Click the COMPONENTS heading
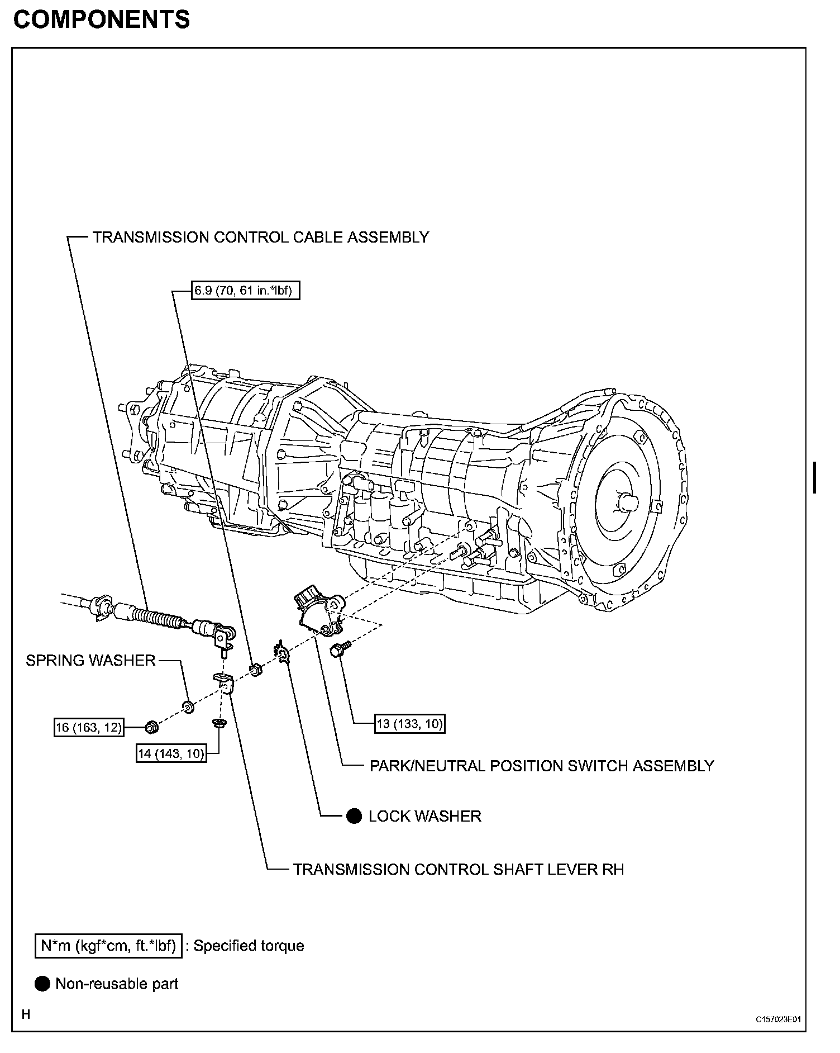(101, 20)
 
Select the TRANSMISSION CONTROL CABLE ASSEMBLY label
(260, 237)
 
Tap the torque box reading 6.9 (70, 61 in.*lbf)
(245, 291)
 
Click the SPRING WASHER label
(90, 660)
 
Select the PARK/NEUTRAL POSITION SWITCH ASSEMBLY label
(542, 766)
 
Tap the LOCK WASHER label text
(424, 816)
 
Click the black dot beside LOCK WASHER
(354, 816)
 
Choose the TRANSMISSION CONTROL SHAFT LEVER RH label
(459, 869)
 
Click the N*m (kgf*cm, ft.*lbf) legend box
(108, 946)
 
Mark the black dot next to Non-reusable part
(42, 984)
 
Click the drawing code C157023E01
(779, 1019)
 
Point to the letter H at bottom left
(26, 1014)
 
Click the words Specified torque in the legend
(249, 946)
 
